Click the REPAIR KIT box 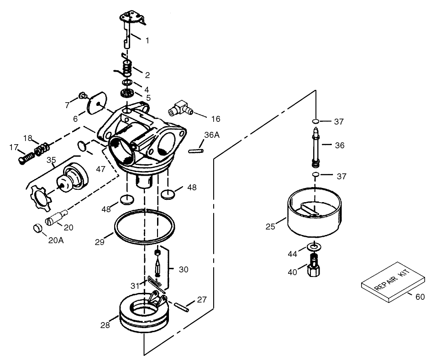coord(394,282)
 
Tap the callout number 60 coord(420,297)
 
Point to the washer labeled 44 coord(315,247)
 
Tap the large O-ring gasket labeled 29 coord(144,226)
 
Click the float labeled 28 coord(143,315)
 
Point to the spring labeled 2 coord(128,67)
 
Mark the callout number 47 coord(100,169)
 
